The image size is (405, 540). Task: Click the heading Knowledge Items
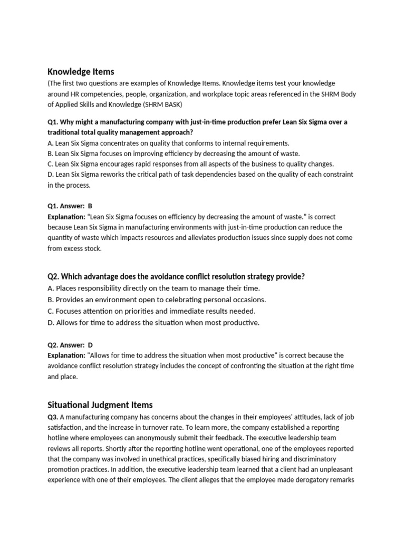coord(81,71)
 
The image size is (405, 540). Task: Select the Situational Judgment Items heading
coord(100,404)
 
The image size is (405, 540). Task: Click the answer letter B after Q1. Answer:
coord(90,206)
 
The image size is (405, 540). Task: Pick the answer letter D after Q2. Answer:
coord(90,345)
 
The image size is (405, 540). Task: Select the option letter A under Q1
coord(50,143)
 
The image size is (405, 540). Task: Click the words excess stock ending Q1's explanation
coord(83,248)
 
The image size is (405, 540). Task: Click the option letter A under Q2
coord(50,288)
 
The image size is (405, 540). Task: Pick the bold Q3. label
coord(53,417)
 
